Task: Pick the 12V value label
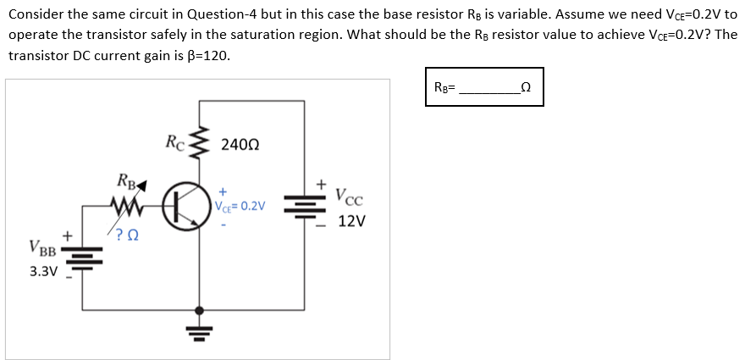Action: coord(351,222)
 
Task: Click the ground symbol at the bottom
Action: coord(200,329)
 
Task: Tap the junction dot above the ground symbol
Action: coord(200,310)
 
